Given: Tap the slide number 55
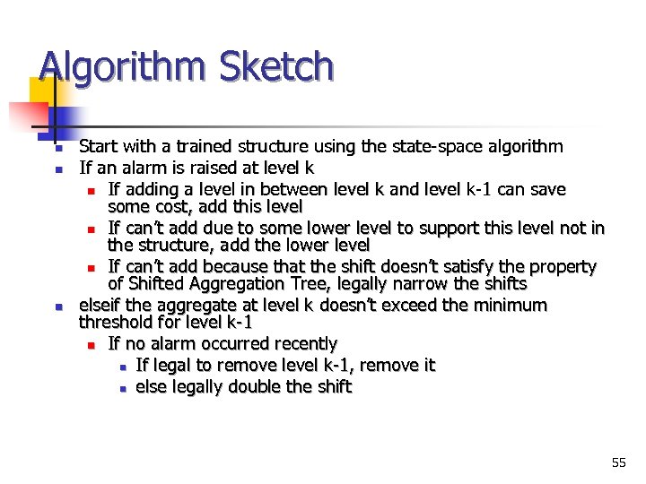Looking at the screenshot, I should coord(618,462).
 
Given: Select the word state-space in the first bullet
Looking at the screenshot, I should coord(423,146).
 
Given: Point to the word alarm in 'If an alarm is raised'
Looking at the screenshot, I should coord(142,168).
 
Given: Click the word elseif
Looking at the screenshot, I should coord(101,306).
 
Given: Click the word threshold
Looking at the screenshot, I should coord(117,322).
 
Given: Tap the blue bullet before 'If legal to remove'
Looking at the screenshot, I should coord(121,367).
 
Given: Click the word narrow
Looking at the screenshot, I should coord(453,284).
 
